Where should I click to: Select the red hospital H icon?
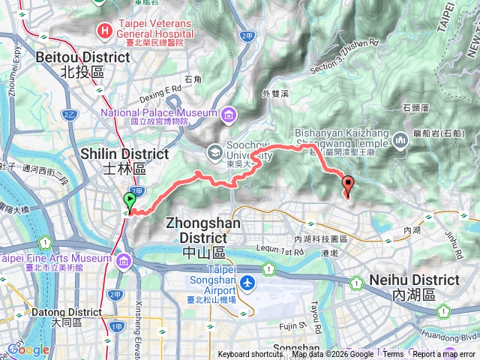[x=105, y=30]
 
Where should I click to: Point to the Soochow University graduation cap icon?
[x=214, y=151]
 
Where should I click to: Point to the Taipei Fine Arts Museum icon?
[x=122, y=260]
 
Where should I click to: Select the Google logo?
[x=28, y=349]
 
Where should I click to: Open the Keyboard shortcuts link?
[x=250, y=355]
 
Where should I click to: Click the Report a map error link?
[x=444, y=355]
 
